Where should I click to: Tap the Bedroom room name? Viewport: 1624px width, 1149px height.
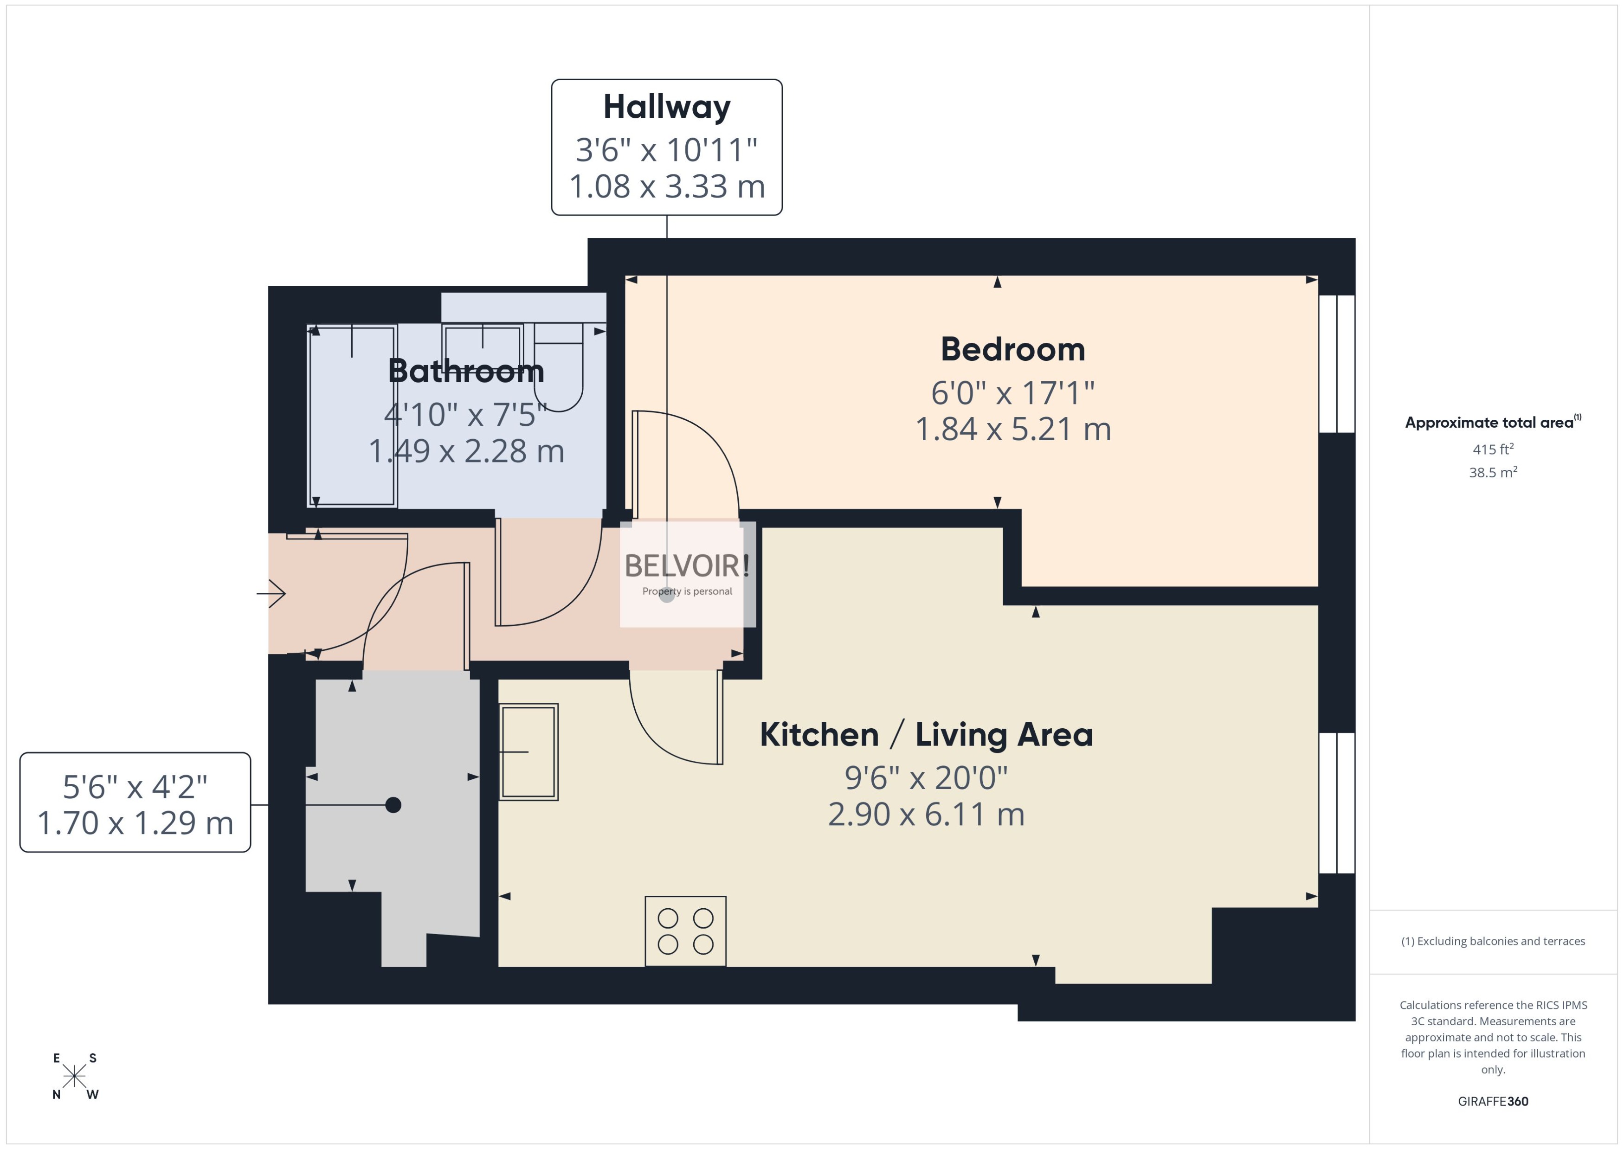click(x=1012, y=349)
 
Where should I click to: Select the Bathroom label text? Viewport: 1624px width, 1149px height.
click(x=465, y=372)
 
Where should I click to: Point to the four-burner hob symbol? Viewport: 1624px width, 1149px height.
click(x=685, y=931)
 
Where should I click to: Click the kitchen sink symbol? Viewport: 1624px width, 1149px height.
click(x=528, y=751)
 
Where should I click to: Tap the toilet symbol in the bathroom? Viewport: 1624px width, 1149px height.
click(x=558, y=368)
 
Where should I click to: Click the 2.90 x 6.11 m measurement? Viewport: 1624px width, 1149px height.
click(x=926, y=815)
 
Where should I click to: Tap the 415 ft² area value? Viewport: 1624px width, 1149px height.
click(x=1492, y=449)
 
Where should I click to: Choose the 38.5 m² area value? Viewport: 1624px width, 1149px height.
click(x=1492, y=472)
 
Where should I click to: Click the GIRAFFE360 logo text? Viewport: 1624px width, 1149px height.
click(x=1492, y=1102)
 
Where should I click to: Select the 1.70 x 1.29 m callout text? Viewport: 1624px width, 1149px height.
click(x=135, y=823)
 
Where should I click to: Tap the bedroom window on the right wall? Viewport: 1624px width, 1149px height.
click(x=1336, y=364)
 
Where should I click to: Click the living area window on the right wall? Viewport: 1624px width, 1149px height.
click(x=1336, y=803)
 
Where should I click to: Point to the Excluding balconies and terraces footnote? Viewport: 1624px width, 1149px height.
click(x=1492, y=941)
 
